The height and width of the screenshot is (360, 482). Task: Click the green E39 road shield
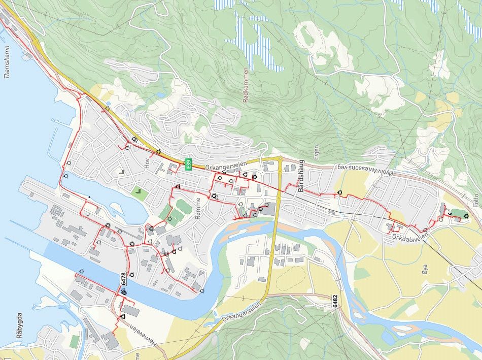click(x=189, y=165)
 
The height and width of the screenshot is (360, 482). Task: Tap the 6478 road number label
click(x=123, y=278)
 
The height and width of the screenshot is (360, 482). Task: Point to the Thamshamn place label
click(x=7, y=66)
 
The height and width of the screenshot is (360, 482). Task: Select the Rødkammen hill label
click(x=246, y=85)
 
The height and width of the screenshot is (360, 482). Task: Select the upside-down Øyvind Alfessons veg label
click(x=365, y=167)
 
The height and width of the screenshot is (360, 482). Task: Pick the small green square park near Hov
click(x=139, y=192)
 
